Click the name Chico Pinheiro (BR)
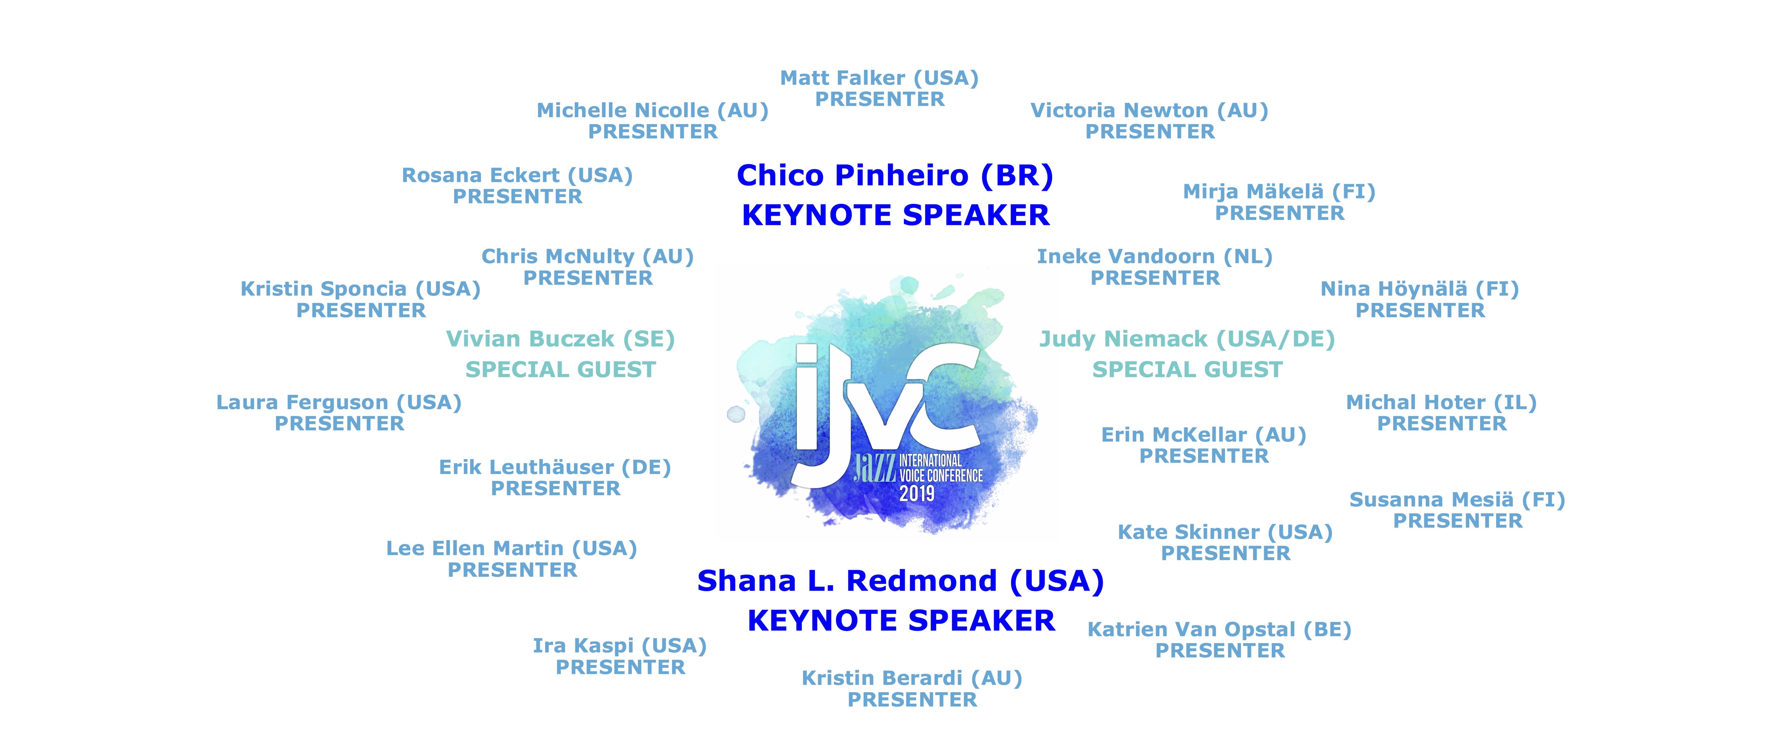pos(895,176)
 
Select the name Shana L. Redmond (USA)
pos(900,581)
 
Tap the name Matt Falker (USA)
pos(880,78)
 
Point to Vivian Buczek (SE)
pos(560,339)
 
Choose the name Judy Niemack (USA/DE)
pos(1187,339)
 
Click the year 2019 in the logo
pos(917,493)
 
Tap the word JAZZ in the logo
pos(875,467)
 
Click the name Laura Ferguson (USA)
pos(339,403)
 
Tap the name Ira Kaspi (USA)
pos(620,646)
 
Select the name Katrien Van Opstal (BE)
pos(1219,630)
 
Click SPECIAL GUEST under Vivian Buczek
pos(560,370)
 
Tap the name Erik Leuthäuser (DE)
pos(555,467)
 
